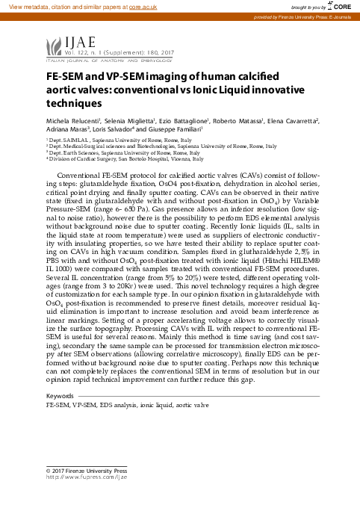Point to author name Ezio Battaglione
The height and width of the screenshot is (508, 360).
(x=188, y=120)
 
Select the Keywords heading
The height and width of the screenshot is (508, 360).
(x=60, y=395)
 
